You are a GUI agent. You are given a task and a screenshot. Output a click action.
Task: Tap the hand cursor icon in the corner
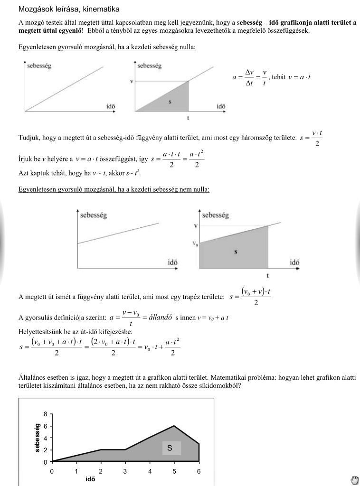pos(354,479)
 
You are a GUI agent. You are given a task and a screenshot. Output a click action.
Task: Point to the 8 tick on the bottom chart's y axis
pos(45,414)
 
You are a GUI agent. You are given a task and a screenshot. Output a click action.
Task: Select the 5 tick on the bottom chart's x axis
pos(174,471)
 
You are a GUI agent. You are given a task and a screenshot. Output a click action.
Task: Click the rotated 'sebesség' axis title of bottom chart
pos(38,437)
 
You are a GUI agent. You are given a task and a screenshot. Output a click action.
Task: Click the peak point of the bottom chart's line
pos(174,426)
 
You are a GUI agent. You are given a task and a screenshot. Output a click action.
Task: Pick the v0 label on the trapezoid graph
pos(195,244)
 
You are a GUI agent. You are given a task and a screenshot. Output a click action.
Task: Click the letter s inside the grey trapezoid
pos(236,252)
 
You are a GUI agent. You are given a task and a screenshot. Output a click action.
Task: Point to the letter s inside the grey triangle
pos(170,102)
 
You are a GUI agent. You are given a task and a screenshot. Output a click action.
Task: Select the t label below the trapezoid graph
pos(268,275)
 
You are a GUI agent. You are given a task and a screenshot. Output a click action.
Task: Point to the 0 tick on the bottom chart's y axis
pos(45,462)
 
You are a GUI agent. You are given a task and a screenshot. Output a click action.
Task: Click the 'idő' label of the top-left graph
pos(111,106)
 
